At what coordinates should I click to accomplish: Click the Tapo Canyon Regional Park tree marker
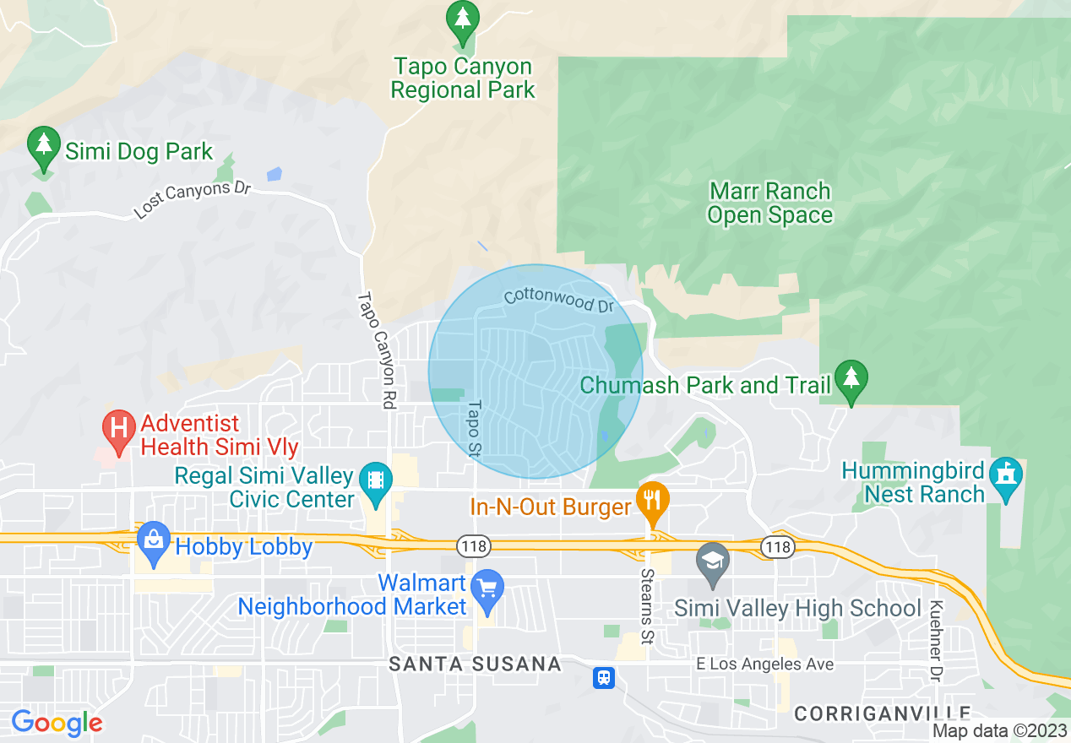coord(462,21)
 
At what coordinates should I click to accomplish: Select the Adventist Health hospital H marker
coord(119,428)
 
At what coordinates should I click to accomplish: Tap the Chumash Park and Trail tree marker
coord(851,380)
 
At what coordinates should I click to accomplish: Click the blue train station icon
coord(604,677)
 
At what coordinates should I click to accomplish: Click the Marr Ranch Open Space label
coord(769,203)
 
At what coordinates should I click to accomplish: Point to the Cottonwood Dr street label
coord(558,300)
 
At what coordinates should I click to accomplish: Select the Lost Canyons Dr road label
coord(193,199)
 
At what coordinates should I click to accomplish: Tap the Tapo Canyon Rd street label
coord(377,350)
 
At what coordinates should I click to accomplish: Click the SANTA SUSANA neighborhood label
coord(476,664)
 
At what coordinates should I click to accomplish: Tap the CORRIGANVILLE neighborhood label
coord(882,713)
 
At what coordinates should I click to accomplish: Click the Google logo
coord(57,723)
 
